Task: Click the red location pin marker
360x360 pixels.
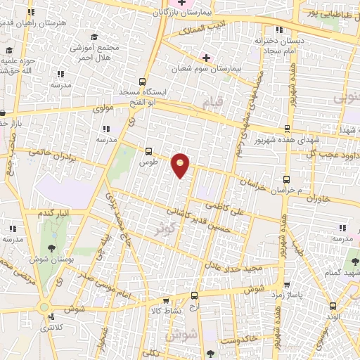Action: [181, 165]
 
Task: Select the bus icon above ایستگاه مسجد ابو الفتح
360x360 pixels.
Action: [143, 81]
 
